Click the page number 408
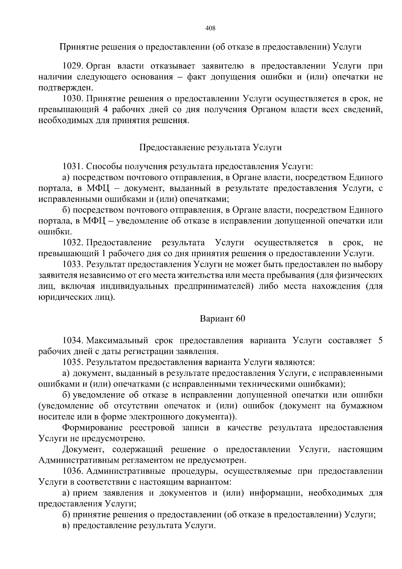210,28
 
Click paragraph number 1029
73,66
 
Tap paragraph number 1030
73,99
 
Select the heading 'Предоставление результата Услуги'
210,148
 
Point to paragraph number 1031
73,167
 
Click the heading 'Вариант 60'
222,319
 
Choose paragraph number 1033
73,264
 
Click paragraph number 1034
73,341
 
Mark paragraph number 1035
73,362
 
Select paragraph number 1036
73,471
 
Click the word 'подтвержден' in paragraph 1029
65,88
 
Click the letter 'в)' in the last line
66,526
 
